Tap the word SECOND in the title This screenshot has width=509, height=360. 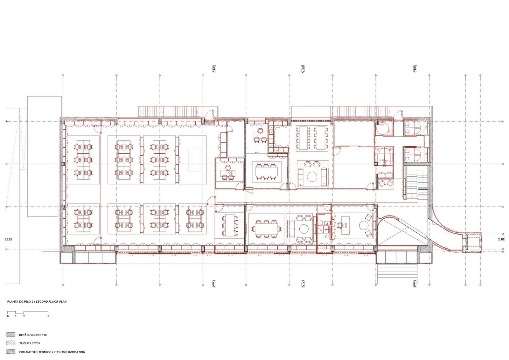(x=41, y=302)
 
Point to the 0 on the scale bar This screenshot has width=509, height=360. (x=8, y=316)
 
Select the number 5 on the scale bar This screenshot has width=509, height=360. (x=48, y=316)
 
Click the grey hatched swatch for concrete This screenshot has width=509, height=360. (x=11, y=335)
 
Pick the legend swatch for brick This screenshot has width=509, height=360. (x=11, y=343)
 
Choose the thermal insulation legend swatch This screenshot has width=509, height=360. (x=11, y=352)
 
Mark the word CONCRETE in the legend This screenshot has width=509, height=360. (x=39, y=335)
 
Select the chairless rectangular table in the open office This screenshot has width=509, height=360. (x=195, y=160)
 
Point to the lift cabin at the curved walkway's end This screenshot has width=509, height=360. (x=473, y=243)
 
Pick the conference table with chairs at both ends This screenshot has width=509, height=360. (x=266, y=229)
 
